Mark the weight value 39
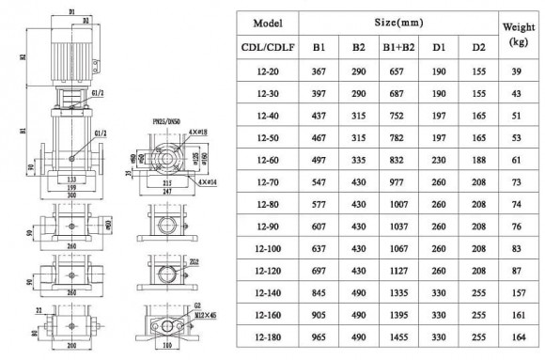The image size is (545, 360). [516, 72]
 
